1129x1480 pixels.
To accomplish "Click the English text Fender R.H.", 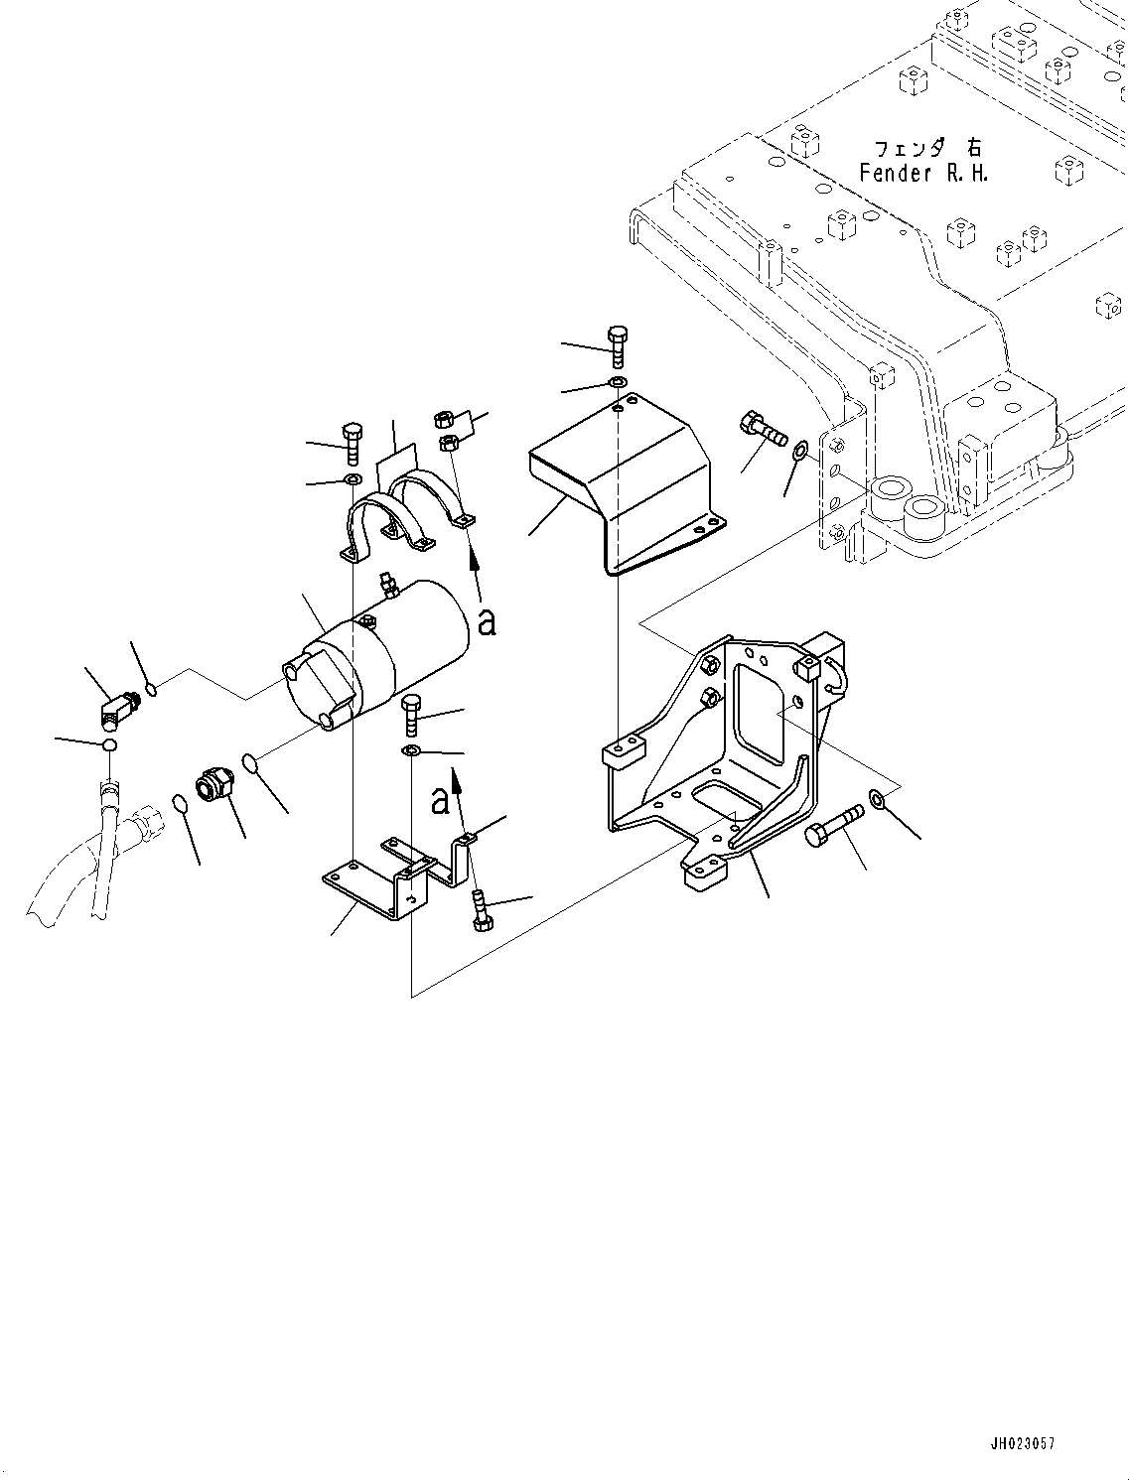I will (x=923, y=173).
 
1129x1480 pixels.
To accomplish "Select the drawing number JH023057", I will (x=1022, y=1443).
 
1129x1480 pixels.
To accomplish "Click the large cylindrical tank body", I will (x=397, y=650).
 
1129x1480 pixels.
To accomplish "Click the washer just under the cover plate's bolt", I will (x=617, y=383).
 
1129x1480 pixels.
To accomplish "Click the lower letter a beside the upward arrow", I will (x=440, y=799).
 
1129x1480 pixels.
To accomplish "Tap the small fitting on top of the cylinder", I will (x=387, y=585).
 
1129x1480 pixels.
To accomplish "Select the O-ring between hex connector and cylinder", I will (x=252, y=764).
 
